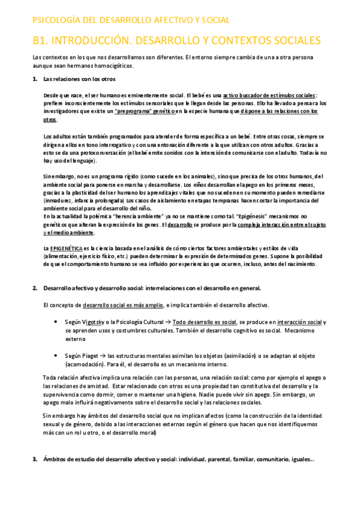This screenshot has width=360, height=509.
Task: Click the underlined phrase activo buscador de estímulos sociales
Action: pyautogui.click(x=269, y=95)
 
